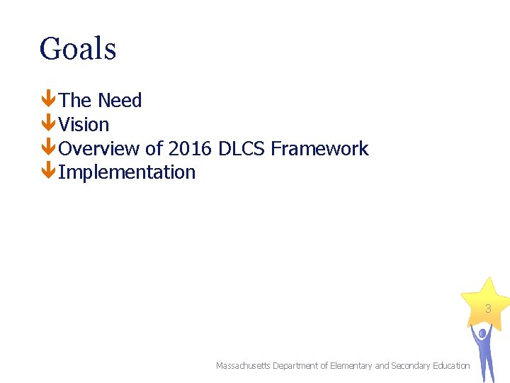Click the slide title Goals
[78, 50]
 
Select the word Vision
[84, 125]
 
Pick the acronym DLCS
[242, 149]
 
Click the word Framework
[319, 149]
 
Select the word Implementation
[127, 172]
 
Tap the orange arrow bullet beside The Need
[48, 100]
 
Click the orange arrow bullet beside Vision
[48, 124]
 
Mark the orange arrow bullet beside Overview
[48, 148]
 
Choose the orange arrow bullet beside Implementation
[48, 172]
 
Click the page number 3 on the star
[487, 309]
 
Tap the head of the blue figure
[482, 332]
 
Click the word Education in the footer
[450, 366]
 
